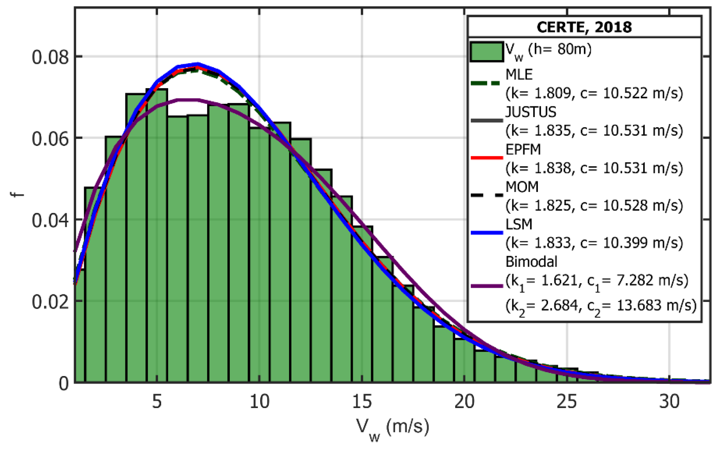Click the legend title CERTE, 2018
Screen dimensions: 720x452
click(584, 27)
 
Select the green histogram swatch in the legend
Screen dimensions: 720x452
click(487, 52)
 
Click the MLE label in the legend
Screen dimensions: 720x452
click(519, 75)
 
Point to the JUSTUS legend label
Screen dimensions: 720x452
click(531, 112)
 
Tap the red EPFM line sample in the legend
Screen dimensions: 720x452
click(487, 158)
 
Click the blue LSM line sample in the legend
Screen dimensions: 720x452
click(487, 232)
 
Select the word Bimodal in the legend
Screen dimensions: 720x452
click(531, 262)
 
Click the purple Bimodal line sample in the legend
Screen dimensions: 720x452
click(487, 286)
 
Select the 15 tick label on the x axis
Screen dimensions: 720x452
click(362, 401)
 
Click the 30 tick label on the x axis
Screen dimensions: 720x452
click(669, 401)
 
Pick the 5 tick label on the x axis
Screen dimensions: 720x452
click(157, 401)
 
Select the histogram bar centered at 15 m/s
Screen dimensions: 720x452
click(362, 304)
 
